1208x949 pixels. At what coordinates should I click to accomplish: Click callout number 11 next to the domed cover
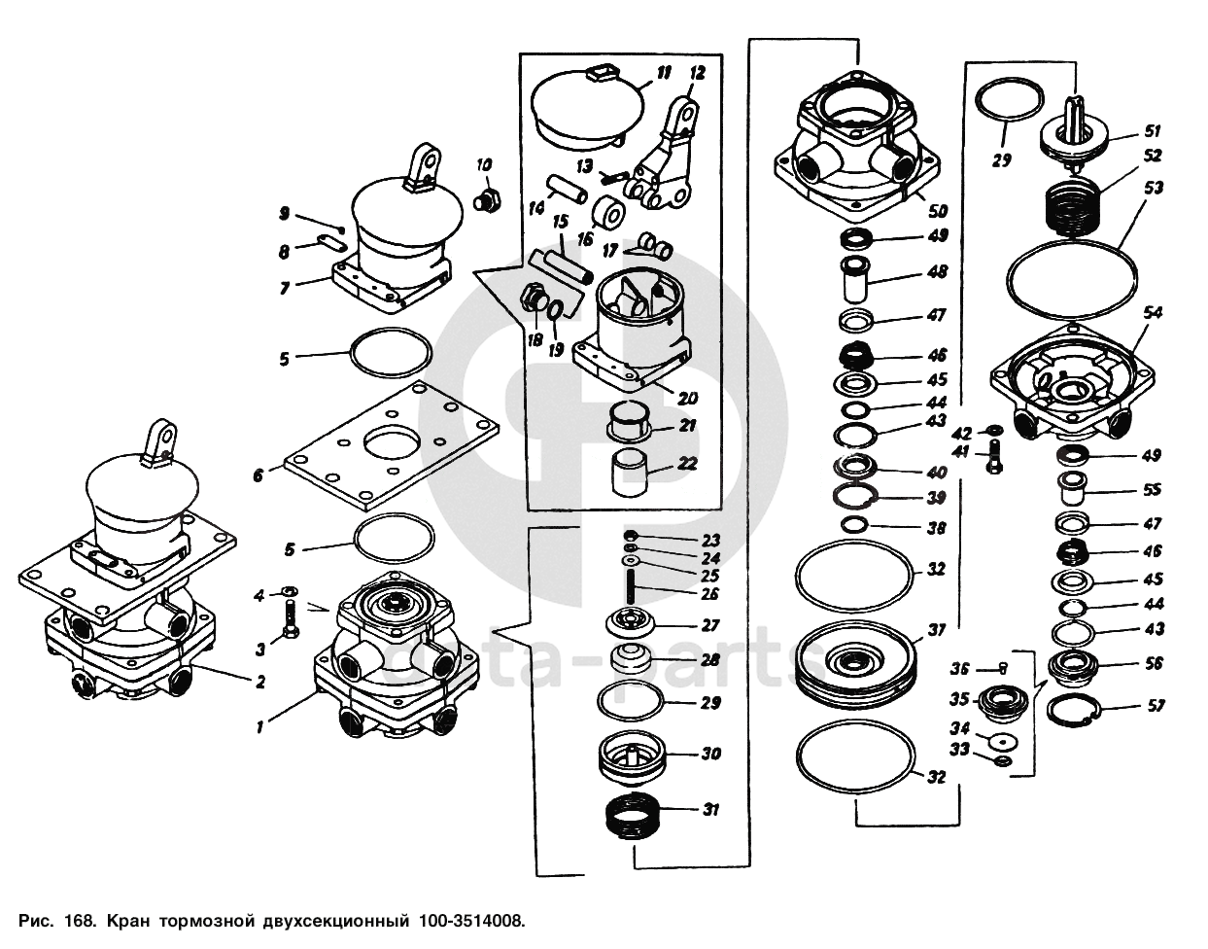coord(663,73)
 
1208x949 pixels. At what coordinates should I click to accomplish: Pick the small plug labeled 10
coord(486,201)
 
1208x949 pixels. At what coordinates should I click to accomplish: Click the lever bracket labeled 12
coord(671,156)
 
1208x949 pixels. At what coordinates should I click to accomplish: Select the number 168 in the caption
coord(80,919)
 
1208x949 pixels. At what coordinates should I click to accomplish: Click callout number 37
coord(936,631)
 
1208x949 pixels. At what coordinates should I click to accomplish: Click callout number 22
coord(687,464)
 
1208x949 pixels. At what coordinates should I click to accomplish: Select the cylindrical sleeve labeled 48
coord(855,279)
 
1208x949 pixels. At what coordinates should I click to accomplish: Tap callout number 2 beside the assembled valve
coord(259,683)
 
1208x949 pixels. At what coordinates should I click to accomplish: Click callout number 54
coord(1153,313)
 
